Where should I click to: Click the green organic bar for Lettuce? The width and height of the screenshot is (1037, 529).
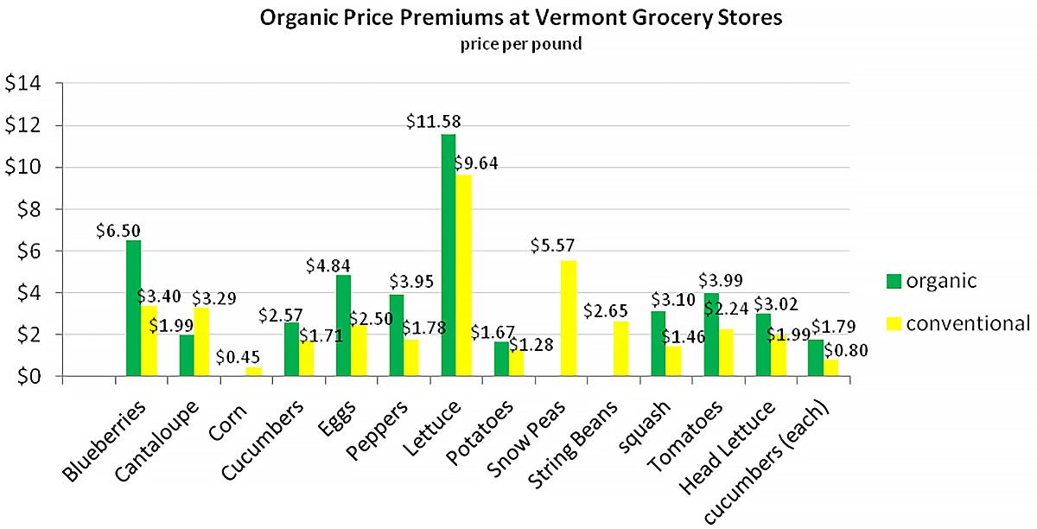tap(449, 255)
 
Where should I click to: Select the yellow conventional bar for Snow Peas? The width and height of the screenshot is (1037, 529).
tap(568, 318)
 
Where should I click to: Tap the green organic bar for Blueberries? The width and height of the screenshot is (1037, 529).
tap(133, 308)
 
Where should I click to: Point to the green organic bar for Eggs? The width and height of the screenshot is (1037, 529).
tap(343, 325)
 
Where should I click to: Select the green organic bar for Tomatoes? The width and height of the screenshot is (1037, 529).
tap(710, 335)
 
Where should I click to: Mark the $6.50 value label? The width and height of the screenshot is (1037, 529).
tap(118, 230)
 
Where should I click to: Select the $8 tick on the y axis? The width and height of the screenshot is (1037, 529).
tap(29, 209)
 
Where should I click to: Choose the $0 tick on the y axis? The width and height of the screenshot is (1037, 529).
tap(29, 377)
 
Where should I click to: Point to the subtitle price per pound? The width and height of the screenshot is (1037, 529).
tap(520, 44)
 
